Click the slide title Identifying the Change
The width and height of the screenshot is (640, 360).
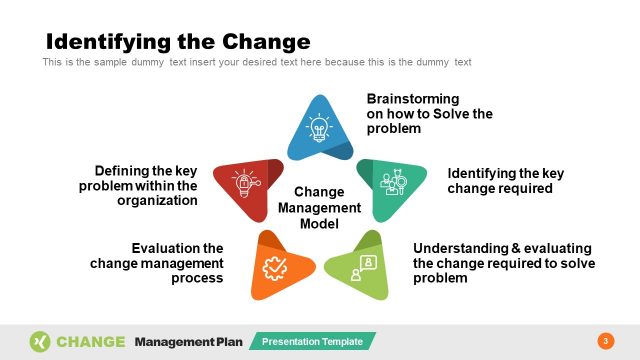click(x=178, y=41)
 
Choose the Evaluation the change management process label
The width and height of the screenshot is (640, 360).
click(x=157, y=263)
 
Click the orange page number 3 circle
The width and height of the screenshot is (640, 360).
click(x=605, y=341)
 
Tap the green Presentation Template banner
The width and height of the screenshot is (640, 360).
click(x=312, y=342)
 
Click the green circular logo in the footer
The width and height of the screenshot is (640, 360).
click(x=40, y=341)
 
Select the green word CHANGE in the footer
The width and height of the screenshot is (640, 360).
click(x=91, y=341)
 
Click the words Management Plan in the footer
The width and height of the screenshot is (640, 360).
click(x=188, y=341)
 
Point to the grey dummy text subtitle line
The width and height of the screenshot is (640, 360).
click(x=256, y=62)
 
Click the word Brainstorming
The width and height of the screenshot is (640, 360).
click(x=413, y=99)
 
